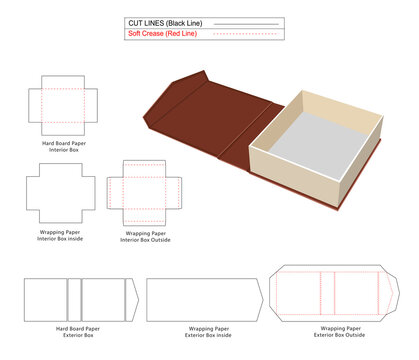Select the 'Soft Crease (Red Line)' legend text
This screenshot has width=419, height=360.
tap(162, 34)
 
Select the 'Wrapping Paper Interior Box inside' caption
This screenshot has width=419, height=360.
tap(60, 235)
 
